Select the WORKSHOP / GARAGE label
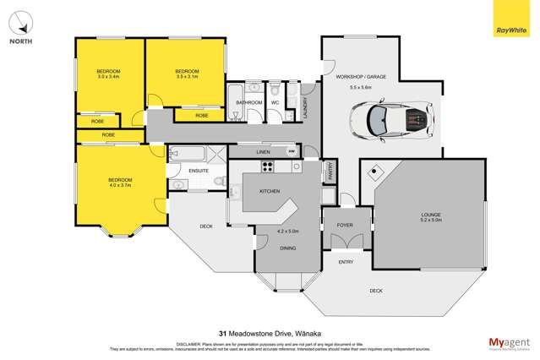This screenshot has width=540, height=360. click(361, 76)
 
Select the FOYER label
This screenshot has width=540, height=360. click(346, 226)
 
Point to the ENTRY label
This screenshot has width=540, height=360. click(346, 262)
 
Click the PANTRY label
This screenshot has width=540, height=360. click(330, 172)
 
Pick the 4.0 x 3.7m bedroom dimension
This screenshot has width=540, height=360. click(118, 186)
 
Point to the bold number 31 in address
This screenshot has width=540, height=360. click(222, 332)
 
